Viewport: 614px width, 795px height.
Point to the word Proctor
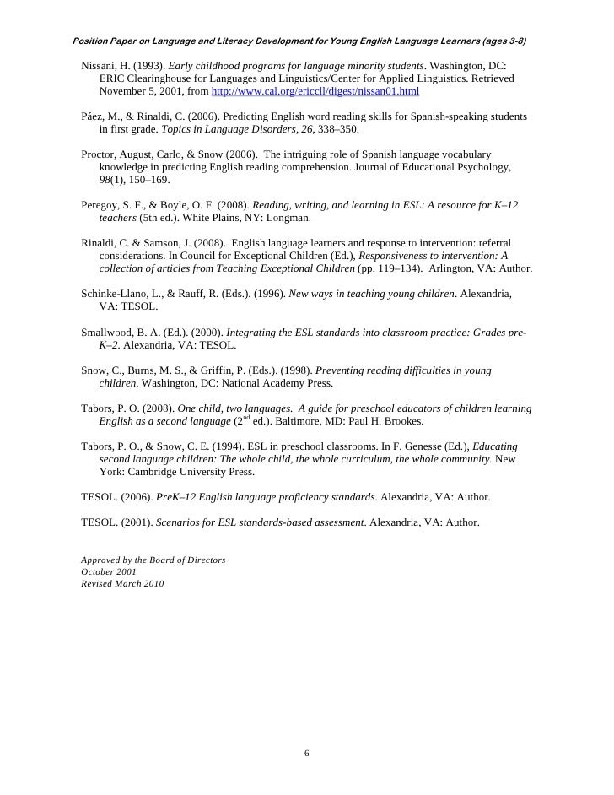(99, 154)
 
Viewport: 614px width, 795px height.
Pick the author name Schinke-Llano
(116, 294)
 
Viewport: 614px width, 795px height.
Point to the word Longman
(290, 218)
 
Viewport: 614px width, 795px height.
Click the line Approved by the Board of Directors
(153, 560)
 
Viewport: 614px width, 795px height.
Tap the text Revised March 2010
(122, 583)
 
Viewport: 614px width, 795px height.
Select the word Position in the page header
(95, 41)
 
